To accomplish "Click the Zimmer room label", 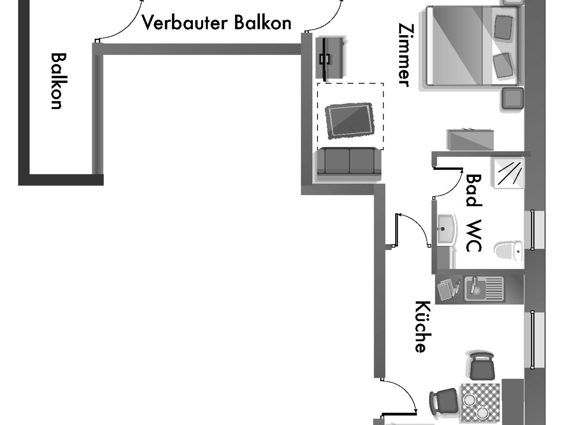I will coord(404,54).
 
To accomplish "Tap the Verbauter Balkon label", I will coord(216,22).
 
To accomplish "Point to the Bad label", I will coord(474,190).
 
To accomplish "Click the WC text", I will coord(474,236).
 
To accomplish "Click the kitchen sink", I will coord(483,288).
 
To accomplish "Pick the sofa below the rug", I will coord(349,163).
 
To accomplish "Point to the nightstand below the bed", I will coord(513,99).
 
